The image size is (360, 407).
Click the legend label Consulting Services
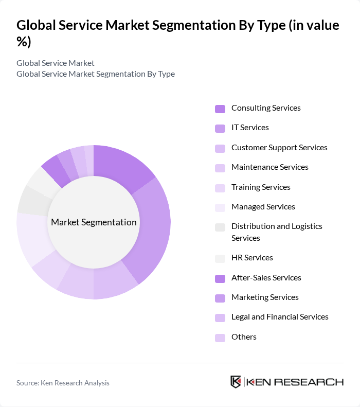(x=266, y=108)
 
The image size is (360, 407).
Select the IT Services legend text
(x=250, y=128)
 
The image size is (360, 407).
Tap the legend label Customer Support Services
(x=279, y=148)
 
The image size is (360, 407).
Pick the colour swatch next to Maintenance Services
(x=220, y=168)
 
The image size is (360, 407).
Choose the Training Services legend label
(x=261, y=187)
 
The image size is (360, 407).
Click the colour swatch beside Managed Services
(x=220, y=207)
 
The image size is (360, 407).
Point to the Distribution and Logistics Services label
(x=277, y=232)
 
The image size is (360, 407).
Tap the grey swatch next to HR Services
(x=220, y=258)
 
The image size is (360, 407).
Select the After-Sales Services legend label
(x=266, y=278)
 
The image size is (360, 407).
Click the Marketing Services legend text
(x=265, y=297)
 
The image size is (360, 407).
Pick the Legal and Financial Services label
(x=280, y=317)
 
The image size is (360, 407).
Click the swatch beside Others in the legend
(x=220, y=338)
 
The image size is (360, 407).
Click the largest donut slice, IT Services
(x=153, y=226)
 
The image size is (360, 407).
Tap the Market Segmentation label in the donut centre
(x=94, y=222)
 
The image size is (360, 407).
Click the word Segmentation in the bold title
(x=182, y=26)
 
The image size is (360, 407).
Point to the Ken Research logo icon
(x=236, y=382)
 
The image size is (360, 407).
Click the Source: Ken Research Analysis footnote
(x=63, y=383)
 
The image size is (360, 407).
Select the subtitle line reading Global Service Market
(x=56, y=63)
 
